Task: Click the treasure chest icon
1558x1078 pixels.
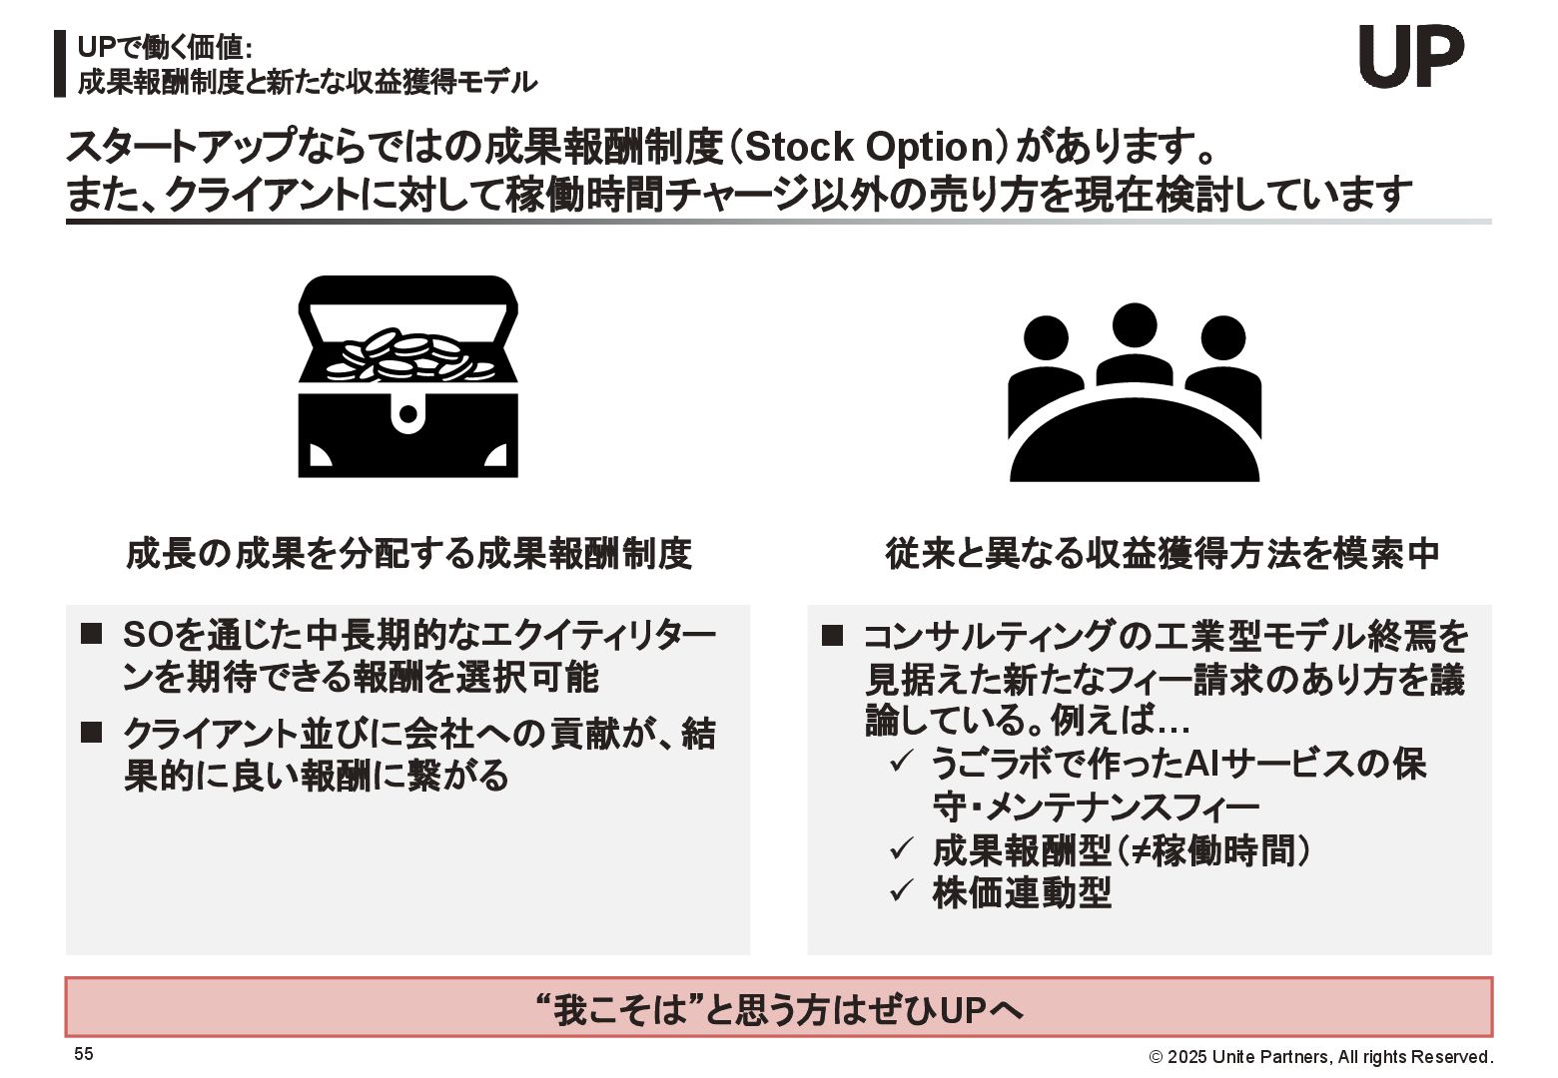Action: (x=407, y=376)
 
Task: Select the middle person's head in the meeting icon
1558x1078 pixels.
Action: (x=1134, y=324)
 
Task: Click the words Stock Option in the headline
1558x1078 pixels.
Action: (x=867, y=148)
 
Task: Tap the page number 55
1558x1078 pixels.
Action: (x=84, y=1054)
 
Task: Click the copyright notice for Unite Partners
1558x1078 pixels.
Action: (x=1320, y=1057)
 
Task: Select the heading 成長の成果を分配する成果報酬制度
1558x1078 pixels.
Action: (x=408, y=553)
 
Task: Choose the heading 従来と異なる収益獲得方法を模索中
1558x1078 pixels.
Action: (x=1163, y=553)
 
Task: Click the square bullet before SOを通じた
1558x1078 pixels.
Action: (x=92, y=634)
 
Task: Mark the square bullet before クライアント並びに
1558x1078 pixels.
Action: (x=92, y=733)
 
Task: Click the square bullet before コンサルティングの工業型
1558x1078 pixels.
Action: (x=832, y=636)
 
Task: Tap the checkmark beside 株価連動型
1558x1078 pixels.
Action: (x=901, y=888)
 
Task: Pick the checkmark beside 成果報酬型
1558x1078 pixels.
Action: (x=901, y=848)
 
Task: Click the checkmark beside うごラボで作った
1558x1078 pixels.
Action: (x=901, y=764)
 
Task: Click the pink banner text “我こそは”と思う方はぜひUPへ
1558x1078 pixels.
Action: (x=779, y=1010)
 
